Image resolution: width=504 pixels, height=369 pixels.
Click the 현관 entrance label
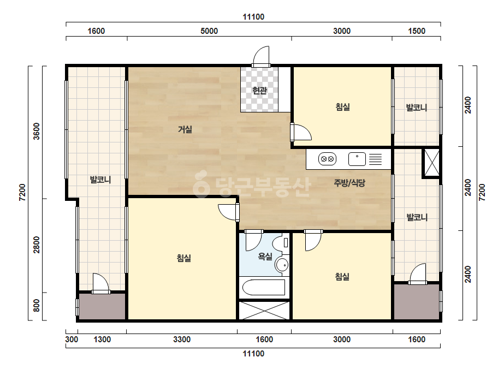[259, 91]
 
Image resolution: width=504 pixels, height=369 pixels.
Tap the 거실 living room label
[185, 129]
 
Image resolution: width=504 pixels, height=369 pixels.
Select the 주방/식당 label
[349, 183]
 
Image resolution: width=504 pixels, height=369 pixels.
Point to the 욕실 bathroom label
[265, 256]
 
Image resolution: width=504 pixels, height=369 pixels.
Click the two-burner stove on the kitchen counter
[327, 159]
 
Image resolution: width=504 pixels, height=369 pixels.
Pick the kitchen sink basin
[357, 159]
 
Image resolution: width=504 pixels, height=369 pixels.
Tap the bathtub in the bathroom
[263, 287]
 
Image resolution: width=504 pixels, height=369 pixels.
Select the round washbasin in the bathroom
[282, 265]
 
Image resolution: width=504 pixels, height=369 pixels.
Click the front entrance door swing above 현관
[261, 56]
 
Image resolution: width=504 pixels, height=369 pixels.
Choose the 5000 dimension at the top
[209, 31]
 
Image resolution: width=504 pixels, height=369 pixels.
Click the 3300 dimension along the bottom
[182, 340]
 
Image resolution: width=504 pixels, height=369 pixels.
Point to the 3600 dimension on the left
[37, 131]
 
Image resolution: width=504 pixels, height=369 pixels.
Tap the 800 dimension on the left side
[37, 305]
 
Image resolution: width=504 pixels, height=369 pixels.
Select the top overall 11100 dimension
[253, 17]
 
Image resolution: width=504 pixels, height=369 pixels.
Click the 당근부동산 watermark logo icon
[201, 184]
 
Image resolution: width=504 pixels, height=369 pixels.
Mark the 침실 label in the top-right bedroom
[342, 106]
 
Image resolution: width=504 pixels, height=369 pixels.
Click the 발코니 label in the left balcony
[100, 180]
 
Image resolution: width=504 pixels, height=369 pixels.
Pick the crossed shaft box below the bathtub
[264, 311]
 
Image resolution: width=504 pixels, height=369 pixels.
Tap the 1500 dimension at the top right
[417, 31]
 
